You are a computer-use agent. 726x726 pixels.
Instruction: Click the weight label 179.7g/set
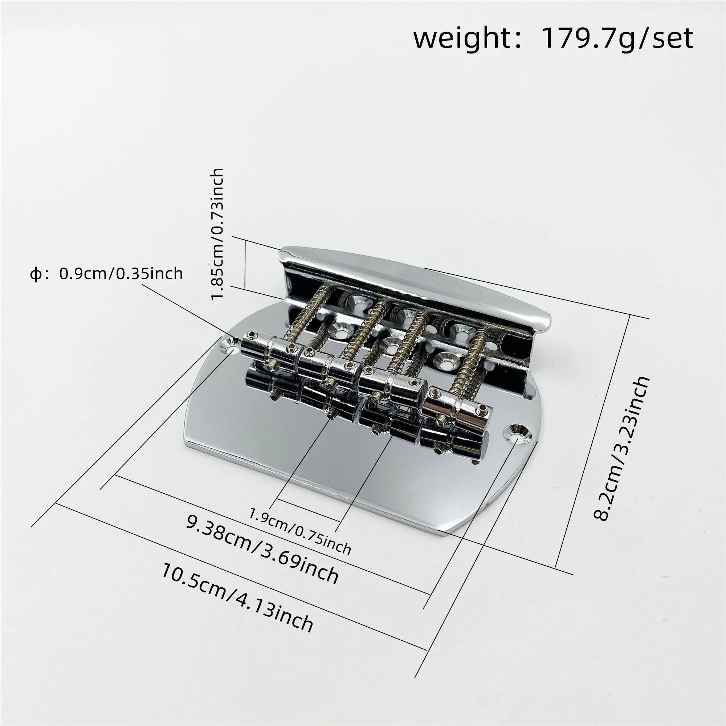[x=617, y=38]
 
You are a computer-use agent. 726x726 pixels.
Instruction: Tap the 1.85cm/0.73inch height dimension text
[x=217, y=234]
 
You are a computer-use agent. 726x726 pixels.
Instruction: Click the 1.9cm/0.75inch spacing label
[x=300, y=531]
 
